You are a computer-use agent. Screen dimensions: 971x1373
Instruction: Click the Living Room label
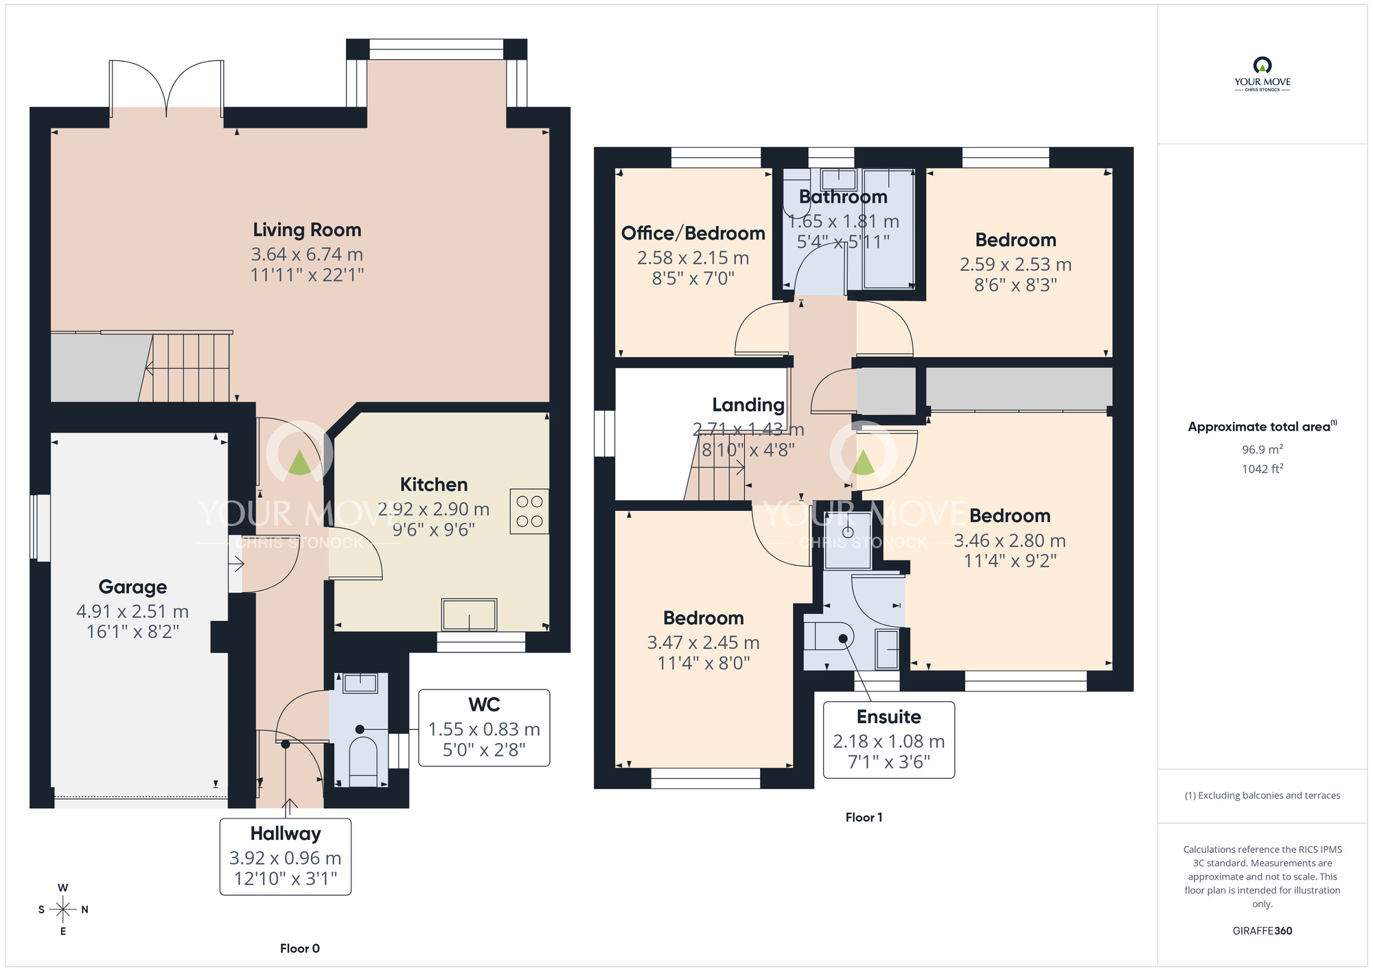[x=306, y=230]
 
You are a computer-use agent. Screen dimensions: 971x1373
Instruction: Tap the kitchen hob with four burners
[x=529, y=512]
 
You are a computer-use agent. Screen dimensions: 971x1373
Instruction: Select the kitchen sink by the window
[x=469, y=615]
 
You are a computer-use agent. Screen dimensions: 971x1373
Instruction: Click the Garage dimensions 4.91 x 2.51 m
[x=132, y=611]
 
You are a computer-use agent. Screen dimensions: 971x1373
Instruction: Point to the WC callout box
[x=484, y=728]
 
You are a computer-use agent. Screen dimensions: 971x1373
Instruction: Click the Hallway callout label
[x=286, y=834]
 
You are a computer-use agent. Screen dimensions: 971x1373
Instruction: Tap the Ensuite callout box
[x=888, y=740]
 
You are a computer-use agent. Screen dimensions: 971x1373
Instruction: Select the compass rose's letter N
[x=85, y=910]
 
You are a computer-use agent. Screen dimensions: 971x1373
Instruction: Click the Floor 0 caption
[x=299, y=948]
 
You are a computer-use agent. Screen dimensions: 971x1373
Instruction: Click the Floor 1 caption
[x=864, y=817]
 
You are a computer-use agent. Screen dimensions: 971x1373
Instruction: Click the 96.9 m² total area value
[x=1262, y=450]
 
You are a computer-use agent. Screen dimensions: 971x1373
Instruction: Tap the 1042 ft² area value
[x=1262, y=469]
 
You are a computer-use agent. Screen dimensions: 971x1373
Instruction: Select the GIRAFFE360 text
[x=1262, y=931]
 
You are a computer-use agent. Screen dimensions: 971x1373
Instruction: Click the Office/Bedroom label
[x=693, y=233]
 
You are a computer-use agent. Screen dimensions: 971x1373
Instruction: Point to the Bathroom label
[x=843, y=197]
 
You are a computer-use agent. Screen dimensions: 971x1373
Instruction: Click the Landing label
[x=748, y=405]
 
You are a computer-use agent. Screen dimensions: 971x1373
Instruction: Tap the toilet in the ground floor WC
[x=363, y=759]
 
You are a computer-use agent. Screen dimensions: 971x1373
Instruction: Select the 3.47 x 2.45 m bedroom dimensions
[x=703, y=643]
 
